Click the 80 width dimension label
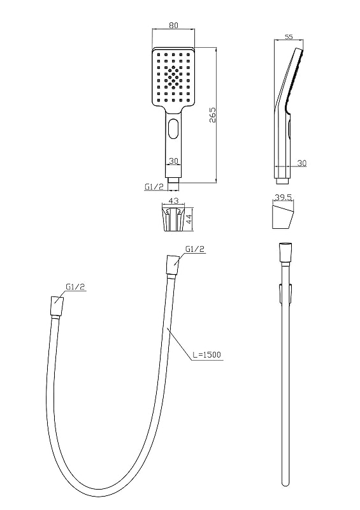[174, 25]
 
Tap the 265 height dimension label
[212, 115]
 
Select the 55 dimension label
[289, 37]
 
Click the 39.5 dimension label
[284, 198]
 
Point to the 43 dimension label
[173, 201]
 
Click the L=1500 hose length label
[206, 354]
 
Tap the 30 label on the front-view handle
[174, 161]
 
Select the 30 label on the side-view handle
[302, 163]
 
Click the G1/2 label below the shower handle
[154, 187]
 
